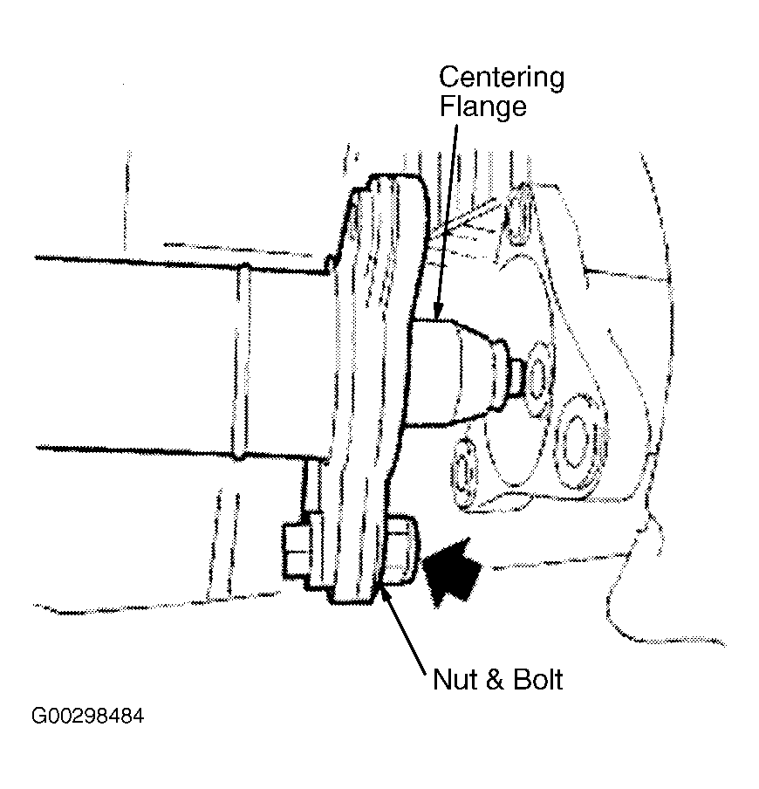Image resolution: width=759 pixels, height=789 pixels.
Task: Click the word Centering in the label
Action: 502,79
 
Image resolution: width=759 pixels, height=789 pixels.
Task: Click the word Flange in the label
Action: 482,106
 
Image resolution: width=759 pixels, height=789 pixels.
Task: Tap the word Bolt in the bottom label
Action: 537,679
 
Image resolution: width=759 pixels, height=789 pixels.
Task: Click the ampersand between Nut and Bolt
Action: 495,679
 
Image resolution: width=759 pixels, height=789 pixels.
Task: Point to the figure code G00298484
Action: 88,716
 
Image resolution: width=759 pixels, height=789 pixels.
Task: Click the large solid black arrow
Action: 451,573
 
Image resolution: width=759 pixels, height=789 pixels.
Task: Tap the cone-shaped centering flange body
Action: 453,373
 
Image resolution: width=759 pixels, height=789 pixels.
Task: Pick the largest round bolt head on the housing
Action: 578,442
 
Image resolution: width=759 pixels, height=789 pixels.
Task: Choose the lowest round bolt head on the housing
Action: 465,472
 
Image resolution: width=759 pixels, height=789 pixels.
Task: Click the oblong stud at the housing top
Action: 522,214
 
